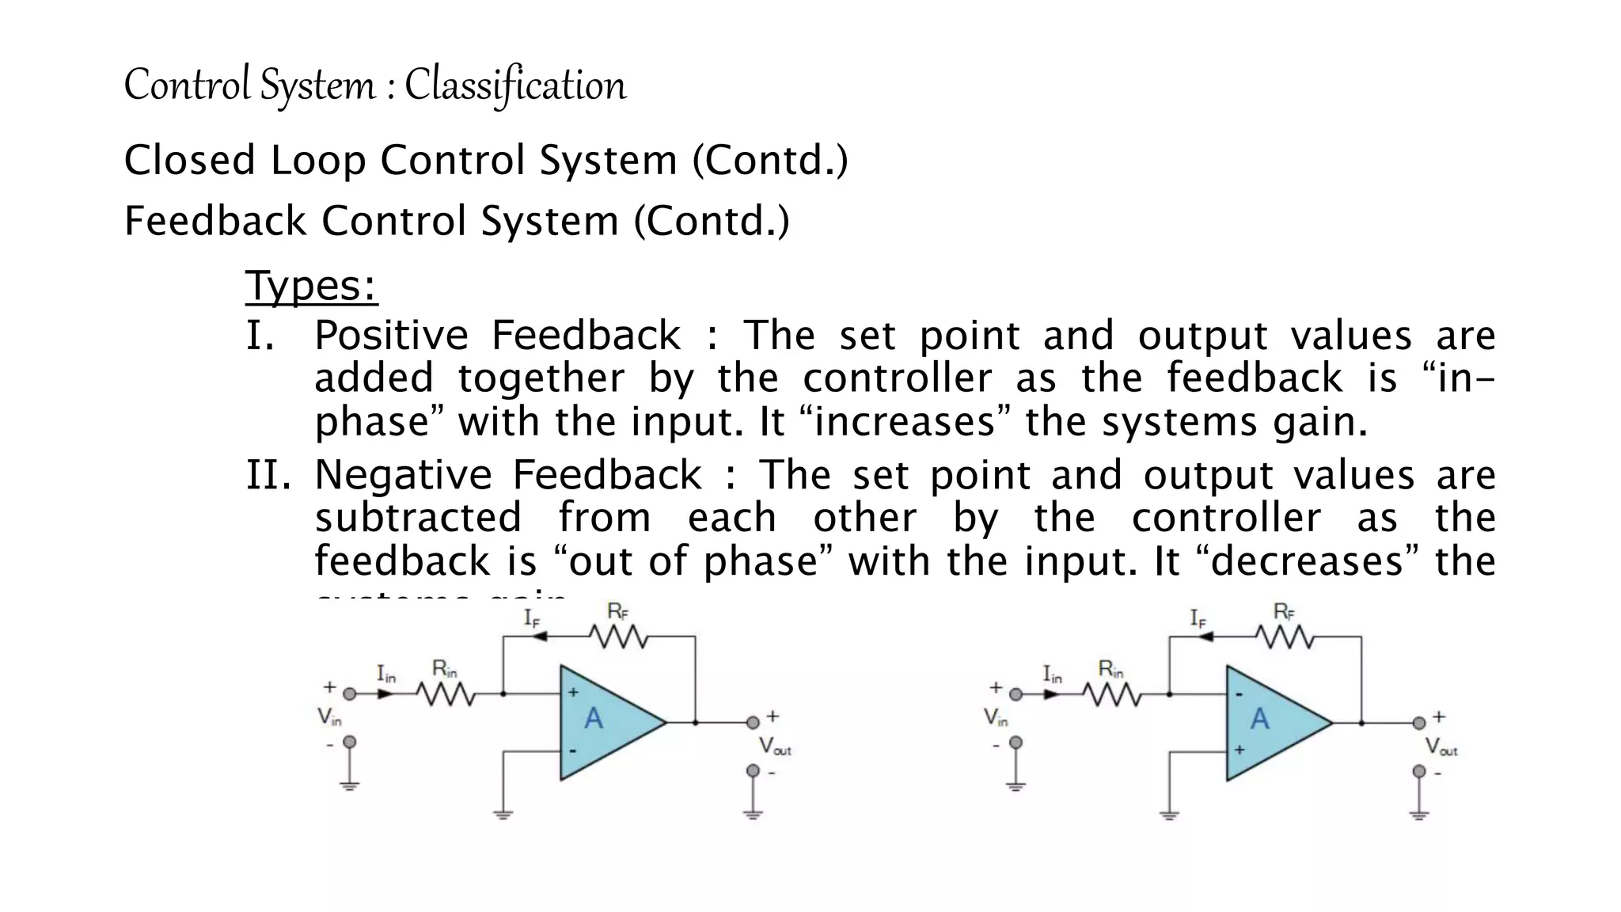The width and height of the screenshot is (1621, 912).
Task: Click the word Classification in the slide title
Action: [515, 85]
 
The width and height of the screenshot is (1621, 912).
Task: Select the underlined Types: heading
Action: [311, 286]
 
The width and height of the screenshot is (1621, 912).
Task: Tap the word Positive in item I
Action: [391, 336]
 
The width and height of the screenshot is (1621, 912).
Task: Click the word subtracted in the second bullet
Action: [418, 519]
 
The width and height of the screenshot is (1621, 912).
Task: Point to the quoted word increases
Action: [904, 422]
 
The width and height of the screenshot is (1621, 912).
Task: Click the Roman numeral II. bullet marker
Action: [269, 476]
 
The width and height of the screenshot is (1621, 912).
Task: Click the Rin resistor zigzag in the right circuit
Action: [1112, 694]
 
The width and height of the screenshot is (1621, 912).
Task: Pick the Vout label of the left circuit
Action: [774, 746]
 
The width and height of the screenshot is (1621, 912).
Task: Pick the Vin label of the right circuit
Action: [996, 717]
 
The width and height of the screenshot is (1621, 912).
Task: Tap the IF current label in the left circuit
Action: [531, 618]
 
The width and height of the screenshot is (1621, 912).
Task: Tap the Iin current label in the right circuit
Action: [1052, 674]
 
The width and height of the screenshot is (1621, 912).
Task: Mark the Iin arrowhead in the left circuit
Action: [385, 694]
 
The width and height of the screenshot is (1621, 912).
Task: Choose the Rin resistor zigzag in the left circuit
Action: [446, 694]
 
